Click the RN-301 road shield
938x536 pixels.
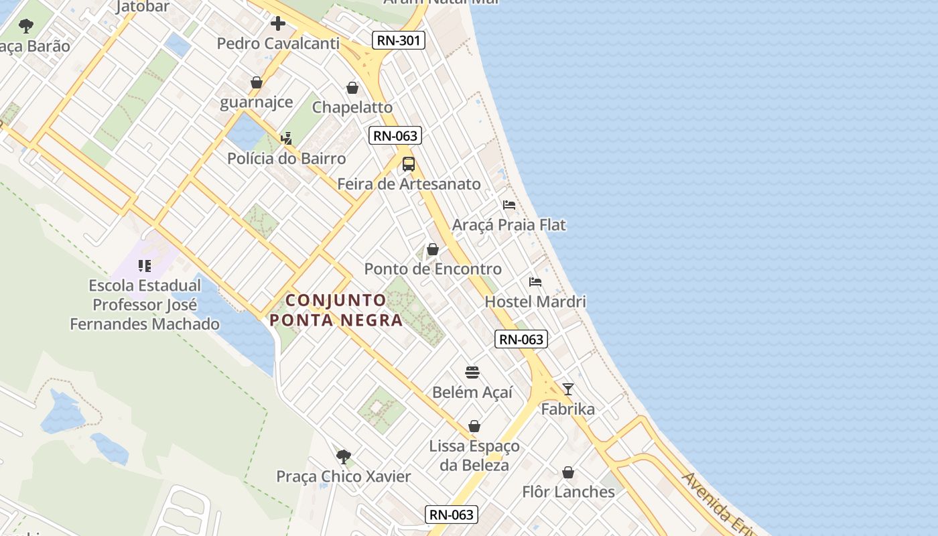tap(399, 40)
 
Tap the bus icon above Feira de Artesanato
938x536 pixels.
tap(409, 164)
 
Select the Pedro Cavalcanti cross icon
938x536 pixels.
tap(278, 24)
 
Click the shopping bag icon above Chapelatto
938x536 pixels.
tap(352, 88)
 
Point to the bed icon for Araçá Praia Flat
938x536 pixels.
tap(509, 205)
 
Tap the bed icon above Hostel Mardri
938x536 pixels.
tap(535, 282)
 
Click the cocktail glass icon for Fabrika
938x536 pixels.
tap(568, 389)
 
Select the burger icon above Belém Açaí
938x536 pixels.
tap(472, 373)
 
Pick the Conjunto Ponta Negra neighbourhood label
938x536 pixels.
tap(336, 310)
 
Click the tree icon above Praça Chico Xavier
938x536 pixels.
tap(344, 457)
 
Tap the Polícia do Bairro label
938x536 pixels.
tap(287, 159)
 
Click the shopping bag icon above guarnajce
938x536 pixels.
tap(257, 82)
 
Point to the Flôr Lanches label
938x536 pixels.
tap(568, 492)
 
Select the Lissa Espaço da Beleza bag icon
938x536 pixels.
tap(474, 426)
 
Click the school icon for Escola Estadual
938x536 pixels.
tap(145, 267)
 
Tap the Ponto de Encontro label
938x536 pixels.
tap(433, 269)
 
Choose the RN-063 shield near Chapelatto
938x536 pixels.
tap(395, 136)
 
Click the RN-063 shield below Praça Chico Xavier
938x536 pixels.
tap(452, 515)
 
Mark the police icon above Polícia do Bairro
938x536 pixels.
tap(287, 139)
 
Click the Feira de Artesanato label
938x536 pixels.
tap(409, 184)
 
